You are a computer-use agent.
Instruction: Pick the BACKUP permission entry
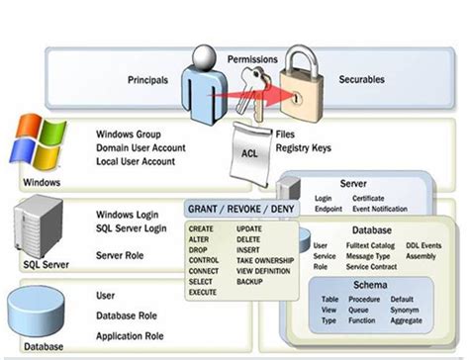pos(250,281)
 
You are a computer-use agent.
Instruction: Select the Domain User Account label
pos(141,146)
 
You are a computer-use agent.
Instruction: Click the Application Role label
pos(130,335)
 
